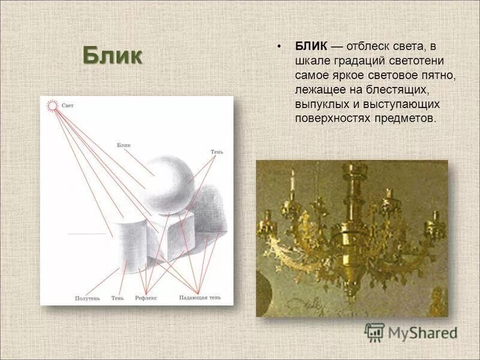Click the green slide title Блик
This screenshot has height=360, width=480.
coord(112,56)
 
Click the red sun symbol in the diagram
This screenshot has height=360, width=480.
coord(52,106)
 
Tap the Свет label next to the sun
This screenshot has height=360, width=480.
coord(68,106)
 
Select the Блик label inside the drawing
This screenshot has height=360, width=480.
coord(124,145)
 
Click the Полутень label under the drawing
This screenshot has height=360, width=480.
coord(87,298)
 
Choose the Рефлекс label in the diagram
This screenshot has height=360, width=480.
coord(146,298)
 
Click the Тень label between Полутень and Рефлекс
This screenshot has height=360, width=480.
coord(118,298)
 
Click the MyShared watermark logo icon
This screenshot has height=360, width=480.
coord(374,332)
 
